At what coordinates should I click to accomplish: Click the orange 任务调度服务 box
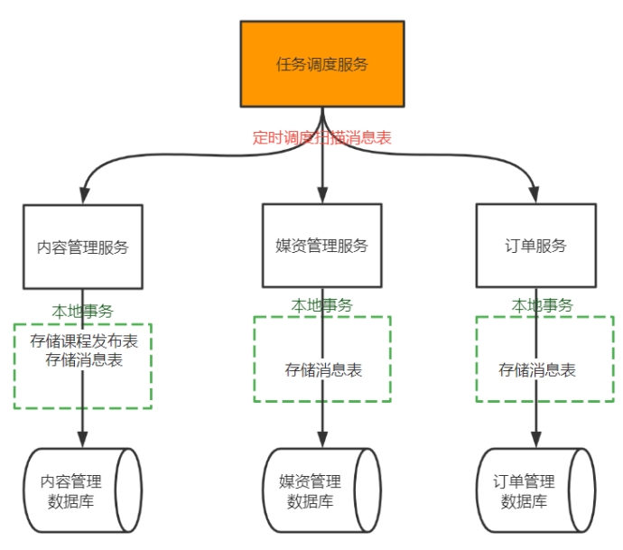coord(321,64)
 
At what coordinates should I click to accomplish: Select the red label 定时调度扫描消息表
coord(321,138)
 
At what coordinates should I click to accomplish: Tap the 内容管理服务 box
coord(82,247)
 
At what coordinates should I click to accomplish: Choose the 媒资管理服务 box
coord(321,245)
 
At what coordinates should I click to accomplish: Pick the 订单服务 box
coord(535,245)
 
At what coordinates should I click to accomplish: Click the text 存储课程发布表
coord(83,342)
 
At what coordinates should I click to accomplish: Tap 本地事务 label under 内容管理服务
coord(82,311)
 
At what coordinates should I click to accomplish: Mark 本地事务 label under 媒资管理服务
coord(321,306)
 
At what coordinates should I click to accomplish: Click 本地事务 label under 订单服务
coord(542,305)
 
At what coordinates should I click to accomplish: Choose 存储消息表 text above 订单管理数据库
coord(537,369)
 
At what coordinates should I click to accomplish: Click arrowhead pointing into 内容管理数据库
coord(83,440)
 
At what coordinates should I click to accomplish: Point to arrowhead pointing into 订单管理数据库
coord(535,440)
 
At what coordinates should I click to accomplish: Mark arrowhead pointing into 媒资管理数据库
coord(322,440)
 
